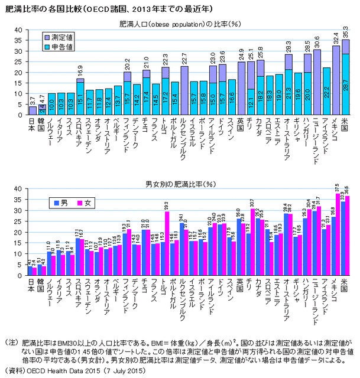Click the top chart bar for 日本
point(33,110)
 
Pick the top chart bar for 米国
point(346,77)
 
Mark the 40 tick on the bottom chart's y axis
point(18,188)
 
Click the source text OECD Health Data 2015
point(70,371)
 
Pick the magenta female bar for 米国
point(348,236)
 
